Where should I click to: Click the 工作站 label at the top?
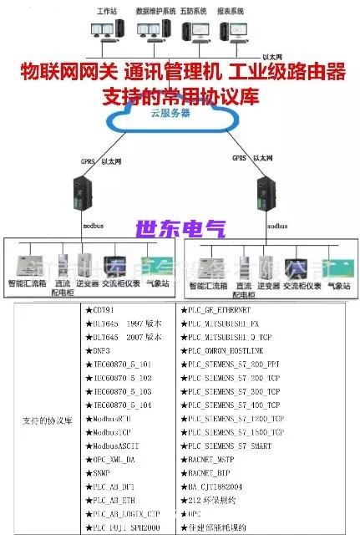click(106, 13)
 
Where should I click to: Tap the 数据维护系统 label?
click(156, 13)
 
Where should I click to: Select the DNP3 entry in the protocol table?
click(103, 352)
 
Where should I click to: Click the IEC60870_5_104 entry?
click(119, 405)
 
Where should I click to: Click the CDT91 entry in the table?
click(103, 311)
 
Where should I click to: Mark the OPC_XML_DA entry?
click(112, 460)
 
